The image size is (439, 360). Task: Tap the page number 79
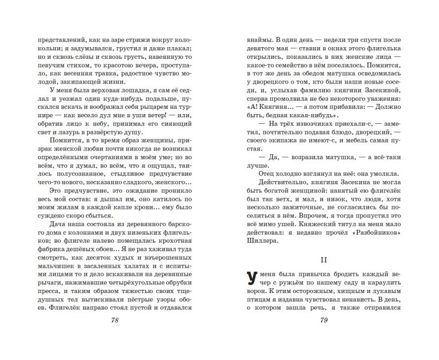(323, 320)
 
